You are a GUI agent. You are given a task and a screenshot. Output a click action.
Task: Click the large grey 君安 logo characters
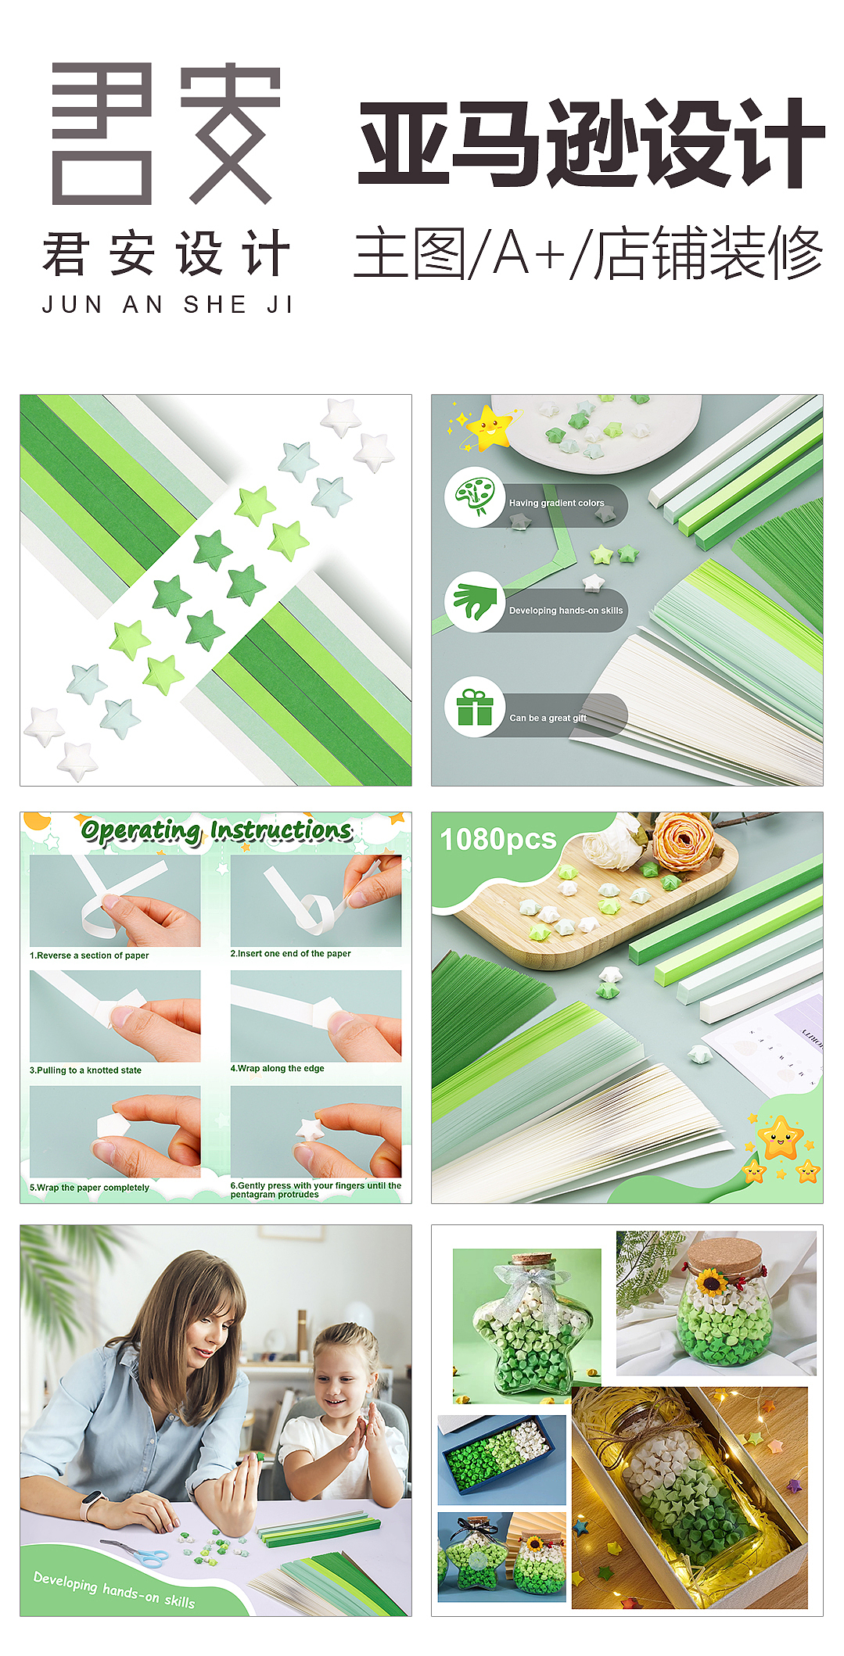tap(166, 134)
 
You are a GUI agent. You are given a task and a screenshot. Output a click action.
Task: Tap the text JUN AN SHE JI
tap(167, 305)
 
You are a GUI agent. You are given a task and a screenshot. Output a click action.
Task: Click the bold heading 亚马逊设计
tap(591, 143)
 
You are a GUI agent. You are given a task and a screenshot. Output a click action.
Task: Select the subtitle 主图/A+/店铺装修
tap(588, 253)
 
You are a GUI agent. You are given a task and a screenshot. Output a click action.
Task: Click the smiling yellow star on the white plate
tap(489, 427)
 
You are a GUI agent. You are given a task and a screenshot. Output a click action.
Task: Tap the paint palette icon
tap(474, 496)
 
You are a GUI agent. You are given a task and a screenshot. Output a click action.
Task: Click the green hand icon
tap(475, 602)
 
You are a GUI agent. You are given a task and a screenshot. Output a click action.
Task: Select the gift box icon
tap(475, 708)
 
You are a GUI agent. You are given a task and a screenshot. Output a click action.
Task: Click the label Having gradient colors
tap(557, 503)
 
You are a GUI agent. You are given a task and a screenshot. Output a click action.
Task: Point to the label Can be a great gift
tap(548, 718)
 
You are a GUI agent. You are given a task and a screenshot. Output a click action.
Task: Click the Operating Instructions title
tap(217, 831)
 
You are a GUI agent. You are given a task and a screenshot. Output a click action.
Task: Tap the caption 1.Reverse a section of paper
tap(89, 955)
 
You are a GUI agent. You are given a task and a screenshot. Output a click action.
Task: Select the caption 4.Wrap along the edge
tap(277, 1068)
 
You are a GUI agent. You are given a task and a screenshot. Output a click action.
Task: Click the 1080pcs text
tap(498, 840)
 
